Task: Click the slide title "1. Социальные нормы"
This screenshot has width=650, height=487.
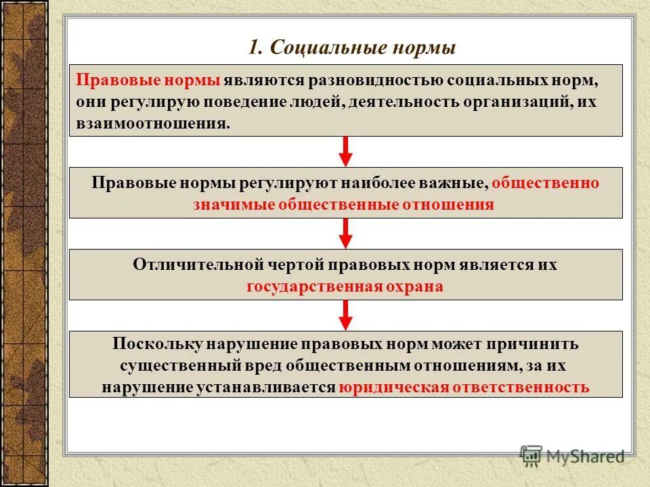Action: point(352,48)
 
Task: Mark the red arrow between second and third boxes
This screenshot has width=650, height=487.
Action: point(345,233)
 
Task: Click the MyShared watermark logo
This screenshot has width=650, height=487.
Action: point(573,456)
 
